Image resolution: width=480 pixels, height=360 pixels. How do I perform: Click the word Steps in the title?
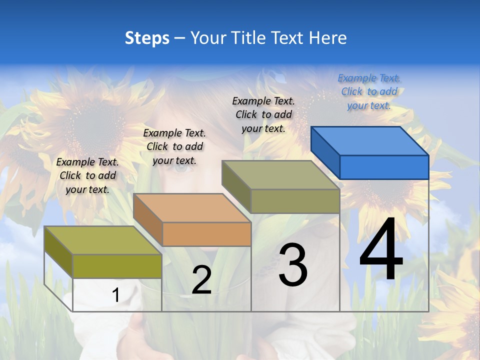pyautogui.click(x=147, y=38)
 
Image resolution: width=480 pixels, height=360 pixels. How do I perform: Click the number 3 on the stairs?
pyautogui.click(x=293, y=265)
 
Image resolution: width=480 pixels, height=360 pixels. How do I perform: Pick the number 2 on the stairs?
pyautogui.click(x=201, y=280)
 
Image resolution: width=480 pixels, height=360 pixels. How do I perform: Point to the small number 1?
pyautogui.click(x=115, y=295)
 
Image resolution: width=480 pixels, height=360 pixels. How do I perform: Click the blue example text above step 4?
pyautogui.click(x=369, y=92)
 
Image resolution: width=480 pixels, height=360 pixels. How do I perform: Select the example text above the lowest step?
pyautogui.click(x=87, y=175)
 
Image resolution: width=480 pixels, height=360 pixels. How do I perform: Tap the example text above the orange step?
pyautogui.click(x=174, y=146)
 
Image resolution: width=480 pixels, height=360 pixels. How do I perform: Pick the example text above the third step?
pyautogui.click(x=263, y=114)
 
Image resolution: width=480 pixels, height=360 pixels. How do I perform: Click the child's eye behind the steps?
pyautogui.click(x=184, y=169)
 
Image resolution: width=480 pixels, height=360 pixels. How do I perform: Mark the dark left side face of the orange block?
pyautogui.click(x=148, y=220)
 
